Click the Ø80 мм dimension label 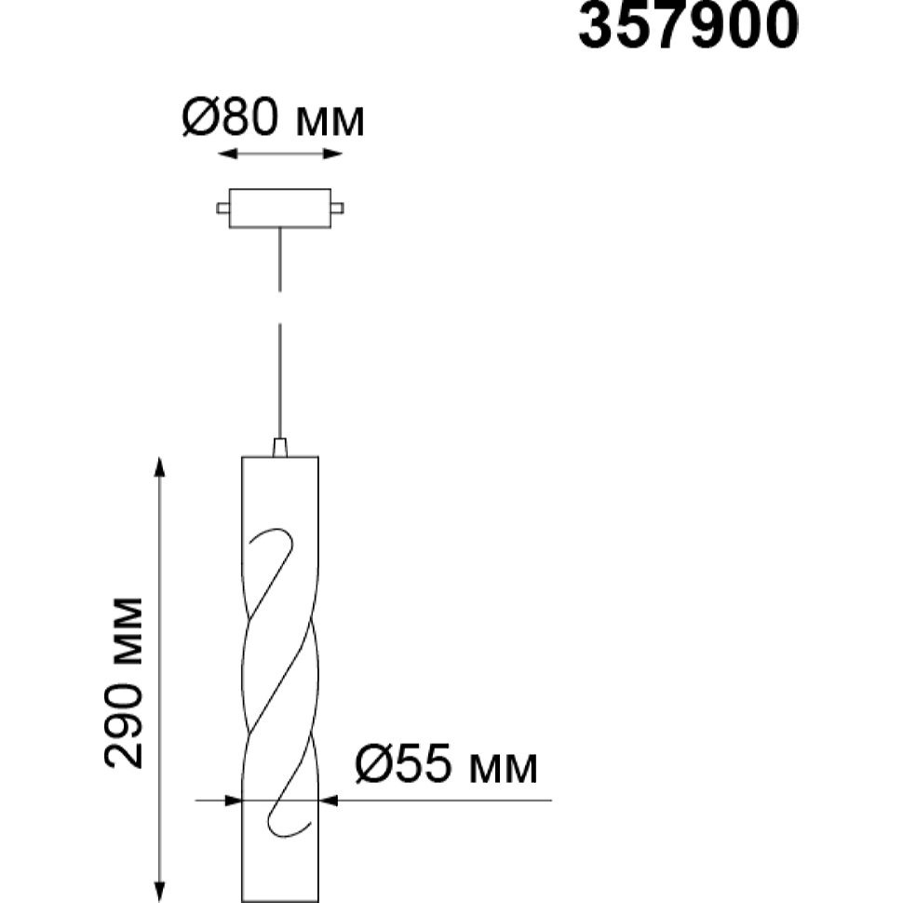coord(273,117)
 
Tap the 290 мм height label coord(123,683)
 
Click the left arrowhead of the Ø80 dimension coord(227,154)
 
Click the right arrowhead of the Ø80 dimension coord(333,154)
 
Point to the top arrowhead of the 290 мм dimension coord(160,467)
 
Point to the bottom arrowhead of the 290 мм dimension coord(160,892)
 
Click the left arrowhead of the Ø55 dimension coord(233,800)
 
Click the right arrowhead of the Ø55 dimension coord(328,800)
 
